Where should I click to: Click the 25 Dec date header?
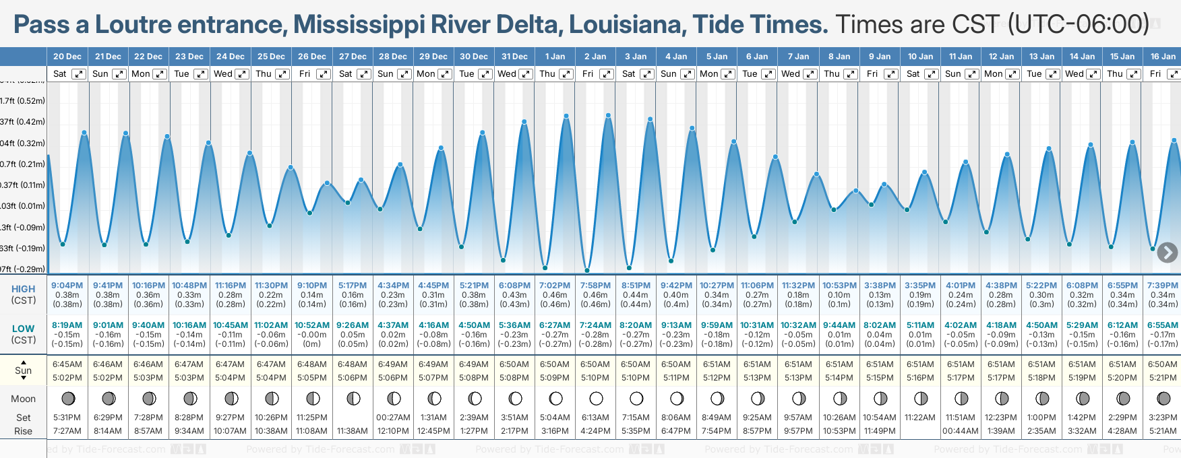[271, 57]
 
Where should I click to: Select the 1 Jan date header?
[555, 57]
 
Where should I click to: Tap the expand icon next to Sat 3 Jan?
[646, 74]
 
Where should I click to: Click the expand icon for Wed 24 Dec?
[241, 74]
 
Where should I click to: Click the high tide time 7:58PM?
[595, 286]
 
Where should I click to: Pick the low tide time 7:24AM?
[595, 325]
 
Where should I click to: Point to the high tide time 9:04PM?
[67, 286]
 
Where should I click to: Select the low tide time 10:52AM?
[312, 325]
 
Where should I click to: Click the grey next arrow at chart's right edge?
[1167, 253]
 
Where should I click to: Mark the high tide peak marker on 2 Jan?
[609, 116]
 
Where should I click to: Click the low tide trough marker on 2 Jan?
[587, 270]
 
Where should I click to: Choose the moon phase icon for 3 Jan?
[636, 398]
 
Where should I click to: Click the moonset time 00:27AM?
[393, 418]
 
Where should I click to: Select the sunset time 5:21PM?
[1163, 378]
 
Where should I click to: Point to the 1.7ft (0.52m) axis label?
[23, 101]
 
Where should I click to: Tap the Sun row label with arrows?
[24, 370]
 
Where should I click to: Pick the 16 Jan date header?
[1163, 57]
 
